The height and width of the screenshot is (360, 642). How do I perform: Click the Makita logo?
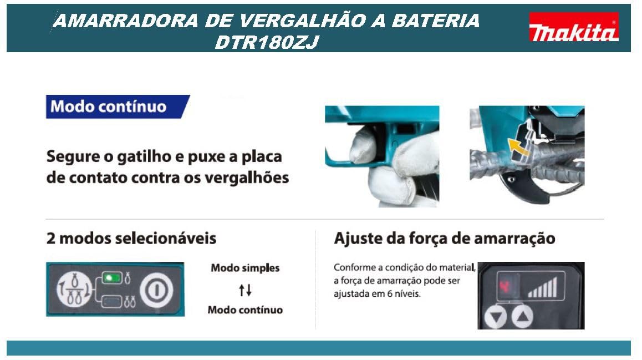574,27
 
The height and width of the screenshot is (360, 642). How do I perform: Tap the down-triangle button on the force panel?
495,317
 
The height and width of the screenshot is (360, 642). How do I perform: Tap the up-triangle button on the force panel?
521,317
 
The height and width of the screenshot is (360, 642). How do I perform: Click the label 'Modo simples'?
245,268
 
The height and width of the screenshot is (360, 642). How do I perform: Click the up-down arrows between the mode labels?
245,290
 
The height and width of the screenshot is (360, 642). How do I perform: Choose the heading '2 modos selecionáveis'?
131,239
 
